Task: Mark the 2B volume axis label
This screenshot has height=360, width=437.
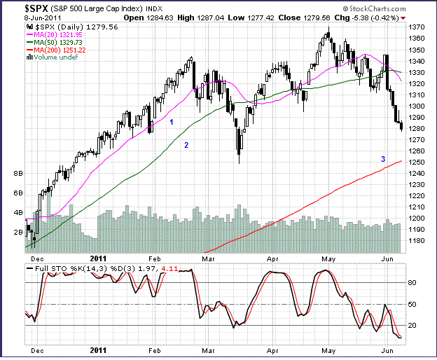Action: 19,231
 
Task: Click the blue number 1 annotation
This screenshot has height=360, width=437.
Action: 171,123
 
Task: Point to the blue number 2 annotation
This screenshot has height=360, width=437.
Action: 186,145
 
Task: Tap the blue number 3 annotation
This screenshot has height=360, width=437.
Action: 383,160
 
